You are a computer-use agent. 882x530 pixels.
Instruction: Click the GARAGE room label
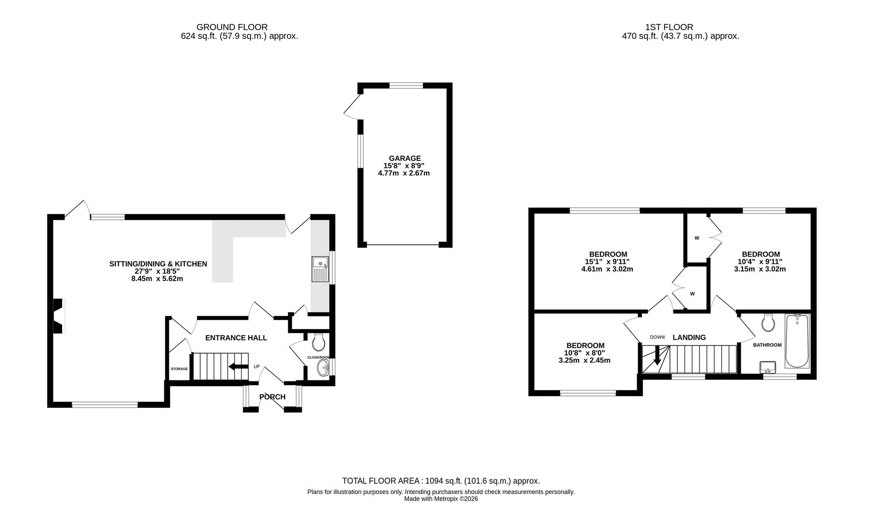pyautogui.click(x=405, y=158)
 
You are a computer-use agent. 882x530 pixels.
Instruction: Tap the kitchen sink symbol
pyautogui.click(x=319, y=269)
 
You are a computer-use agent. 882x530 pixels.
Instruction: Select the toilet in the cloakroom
pyautogui.click(x=318, y=342)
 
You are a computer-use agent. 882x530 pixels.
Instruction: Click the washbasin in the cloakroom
pyautogui.click(x=323, y=368)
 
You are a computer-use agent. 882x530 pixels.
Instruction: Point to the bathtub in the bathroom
pyautogui.click(x=797, y=341)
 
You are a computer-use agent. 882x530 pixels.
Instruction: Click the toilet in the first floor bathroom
pyautogui.click(x=768, y=322)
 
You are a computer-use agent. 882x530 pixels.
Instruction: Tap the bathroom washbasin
pyautogui.click(x=768, y=367)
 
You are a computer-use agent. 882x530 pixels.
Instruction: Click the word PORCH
pyautogui.click(x=272, y=397)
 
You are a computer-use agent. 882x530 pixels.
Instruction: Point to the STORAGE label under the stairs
pyautogui.click(x=179, y=369)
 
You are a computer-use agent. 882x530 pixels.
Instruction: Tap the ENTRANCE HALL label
pyautogui.click(x=236, y=338)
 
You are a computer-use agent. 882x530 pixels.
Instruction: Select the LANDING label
pyautogui.click(x=689, y=337)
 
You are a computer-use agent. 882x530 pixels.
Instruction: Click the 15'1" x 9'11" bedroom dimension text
pyautogui.click(x=607, y=262)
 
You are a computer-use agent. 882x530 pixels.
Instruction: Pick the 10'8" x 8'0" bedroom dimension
pyautogui.click(x=585, y=353)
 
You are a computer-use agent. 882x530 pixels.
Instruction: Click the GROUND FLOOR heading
pyautogui.click(x=232, y=27)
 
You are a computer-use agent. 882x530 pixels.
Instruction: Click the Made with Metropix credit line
pyautogui.click(x=441, y=499)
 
